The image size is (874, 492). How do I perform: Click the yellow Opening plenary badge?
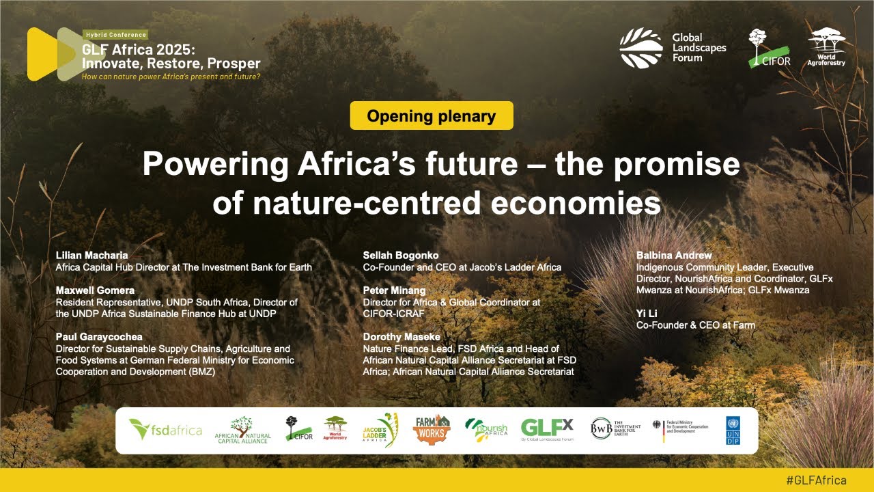pyautogui.click(x=432, y=115)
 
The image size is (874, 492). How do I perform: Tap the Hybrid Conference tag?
pyautogui.click(x=115, y=35)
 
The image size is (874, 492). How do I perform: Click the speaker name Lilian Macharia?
pyautogui.click(x=91, y=256)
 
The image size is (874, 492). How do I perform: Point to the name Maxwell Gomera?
pyautogui.click(x=95, y=290)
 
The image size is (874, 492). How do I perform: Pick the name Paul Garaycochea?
pyautogui.click(x=99, y=337)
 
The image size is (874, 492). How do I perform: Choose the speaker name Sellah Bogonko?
pyautogui.click(x=401, y=256)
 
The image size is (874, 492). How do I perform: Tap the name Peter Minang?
pyautogui.click(x=394, y=290)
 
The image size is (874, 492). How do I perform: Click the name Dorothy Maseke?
pyautogui.click(x=401, y=337)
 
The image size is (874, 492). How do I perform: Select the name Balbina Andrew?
pyautogui.click(x=674, y=256)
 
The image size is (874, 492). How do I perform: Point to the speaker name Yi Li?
pyautogui.click(x=647, y=313)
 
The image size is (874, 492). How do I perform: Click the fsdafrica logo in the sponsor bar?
pyautogui.click(x=166, y=430)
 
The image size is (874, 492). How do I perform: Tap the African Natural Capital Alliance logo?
pyautogui.click(x=242, y=430)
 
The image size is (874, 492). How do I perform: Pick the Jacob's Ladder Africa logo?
pyautogui.click(x=380, y=430)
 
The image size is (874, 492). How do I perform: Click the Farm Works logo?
pyautogui.click(x=432, y=430)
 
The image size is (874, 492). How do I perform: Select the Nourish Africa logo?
pyautogui.click(x=486, y=430)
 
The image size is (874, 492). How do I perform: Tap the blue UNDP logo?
pyautogui.click(x=733, y=430)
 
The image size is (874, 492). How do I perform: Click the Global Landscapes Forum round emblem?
pyautogui.click(x=641, y=48)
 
